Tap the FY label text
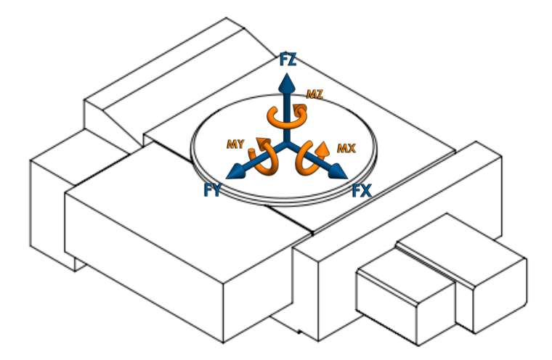(x=214, y=190)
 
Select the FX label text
(x=362, y=192)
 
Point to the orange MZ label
(x=314, y=94)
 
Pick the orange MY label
(x=235, y=144)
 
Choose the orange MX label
(x=346, y=148)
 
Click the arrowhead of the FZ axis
(x=288, y=80)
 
